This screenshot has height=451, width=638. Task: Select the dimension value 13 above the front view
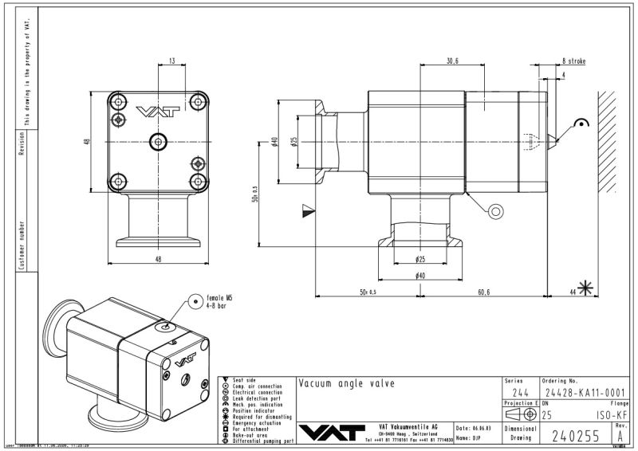pos(171,61)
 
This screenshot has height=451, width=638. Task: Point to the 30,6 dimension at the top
pos(452,61)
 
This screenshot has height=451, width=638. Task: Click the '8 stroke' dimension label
pos(574,61)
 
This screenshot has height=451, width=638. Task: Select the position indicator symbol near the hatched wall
pos(581,124)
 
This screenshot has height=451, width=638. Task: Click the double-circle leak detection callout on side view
pos(495,211)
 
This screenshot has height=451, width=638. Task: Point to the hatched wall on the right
pos(610,143)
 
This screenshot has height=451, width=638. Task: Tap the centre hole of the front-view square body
pos(157,142)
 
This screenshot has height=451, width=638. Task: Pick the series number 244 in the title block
pos(519,393)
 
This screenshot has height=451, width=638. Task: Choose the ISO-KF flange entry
pos(611,414)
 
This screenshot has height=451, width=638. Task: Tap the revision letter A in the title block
pos(620,435)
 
